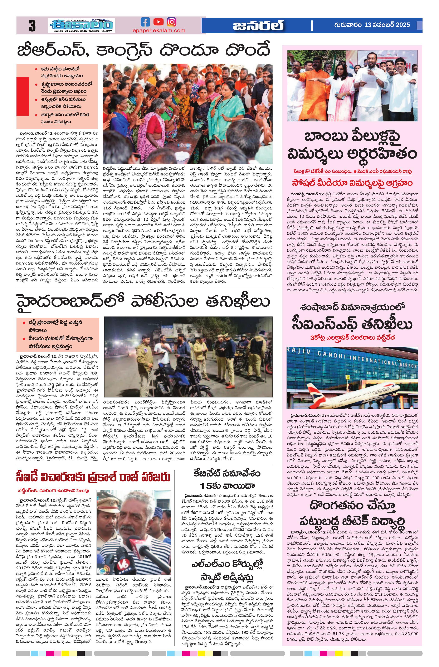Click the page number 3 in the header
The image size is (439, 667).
[x=32, y=26]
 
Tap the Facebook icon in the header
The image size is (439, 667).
[x=145, y=22]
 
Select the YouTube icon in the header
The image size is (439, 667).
[x=158, y=22]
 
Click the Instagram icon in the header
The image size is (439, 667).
[x=172, y=22]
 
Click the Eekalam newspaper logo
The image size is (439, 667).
[x=81, y=25]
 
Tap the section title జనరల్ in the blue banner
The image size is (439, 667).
[x=258, y=25]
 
